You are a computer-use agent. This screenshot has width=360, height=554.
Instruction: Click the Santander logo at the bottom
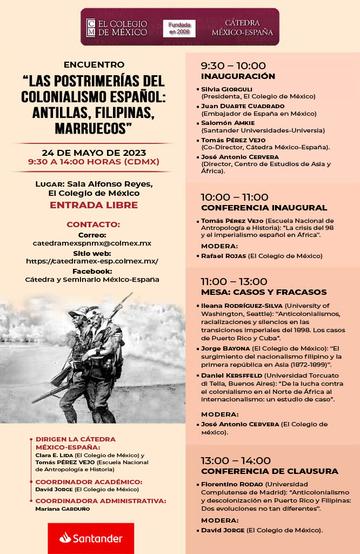click(91, 538)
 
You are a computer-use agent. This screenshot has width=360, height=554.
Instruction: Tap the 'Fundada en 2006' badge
click(179, 29)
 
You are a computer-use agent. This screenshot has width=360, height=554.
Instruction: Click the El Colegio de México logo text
click(117, 28)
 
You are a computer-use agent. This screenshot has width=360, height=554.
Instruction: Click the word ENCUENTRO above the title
click(94, 64)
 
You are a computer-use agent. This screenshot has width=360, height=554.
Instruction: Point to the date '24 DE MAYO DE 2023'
click(94, 152)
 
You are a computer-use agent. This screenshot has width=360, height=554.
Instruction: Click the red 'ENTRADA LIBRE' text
click(94, 205)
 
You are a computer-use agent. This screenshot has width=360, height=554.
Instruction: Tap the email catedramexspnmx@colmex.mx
click(92, 243)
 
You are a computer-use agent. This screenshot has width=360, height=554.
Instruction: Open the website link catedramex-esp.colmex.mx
click(92, 261)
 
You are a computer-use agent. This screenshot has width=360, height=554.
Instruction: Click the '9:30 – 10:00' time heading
click(233, 65)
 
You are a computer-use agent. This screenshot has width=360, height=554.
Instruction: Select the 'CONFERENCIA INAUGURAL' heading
click(264, 208)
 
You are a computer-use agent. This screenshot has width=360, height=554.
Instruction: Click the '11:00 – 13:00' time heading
click(234, 281)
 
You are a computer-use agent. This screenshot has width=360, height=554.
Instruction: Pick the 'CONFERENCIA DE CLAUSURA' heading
click(269, 471)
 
